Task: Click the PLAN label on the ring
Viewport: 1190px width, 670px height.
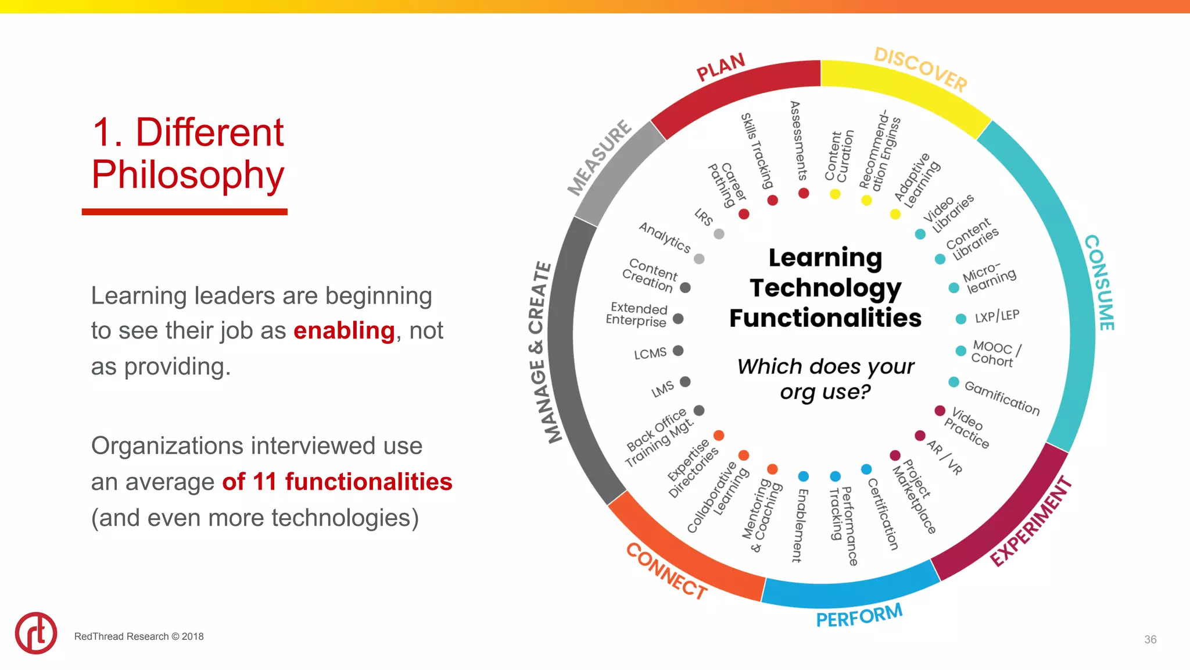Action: (721, 67)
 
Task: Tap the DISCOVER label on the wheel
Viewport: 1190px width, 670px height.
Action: (920, 69)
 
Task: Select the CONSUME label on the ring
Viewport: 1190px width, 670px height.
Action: (1100, 283)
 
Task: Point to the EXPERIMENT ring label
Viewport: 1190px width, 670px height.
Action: (1031, 521)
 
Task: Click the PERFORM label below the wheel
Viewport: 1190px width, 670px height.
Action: (859, 615)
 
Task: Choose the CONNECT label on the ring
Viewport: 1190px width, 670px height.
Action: (666, 571)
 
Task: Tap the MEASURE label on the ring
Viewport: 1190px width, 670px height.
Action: (599, 158)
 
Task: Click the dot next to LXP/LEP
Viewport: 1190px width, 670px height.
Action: (961, 319)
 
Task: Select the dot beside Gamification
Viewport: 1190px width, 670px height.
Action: (954, 382)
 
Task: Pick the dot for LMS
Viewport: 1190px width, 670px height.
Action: (685, 382)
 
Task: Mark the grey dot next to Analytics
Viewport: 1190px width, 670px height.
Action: (699, 259)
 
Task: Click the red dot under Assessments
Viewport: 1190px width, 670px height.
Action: (804, 193)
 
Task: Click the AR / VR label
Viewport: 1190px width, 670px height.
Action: (945, 457)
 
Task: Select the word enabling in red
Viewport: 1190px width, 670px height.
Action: (344, 330)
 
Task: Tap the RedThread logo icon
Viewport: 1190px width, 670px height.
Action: (36, 633)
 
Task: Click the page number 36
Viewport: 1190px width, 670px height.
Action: (1150, 639)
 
